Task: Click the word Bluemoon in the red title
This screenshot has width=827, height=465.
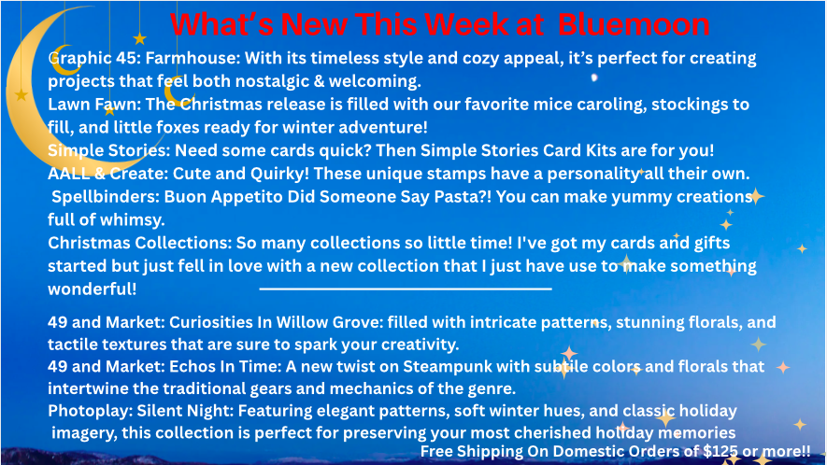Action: coord(634,24)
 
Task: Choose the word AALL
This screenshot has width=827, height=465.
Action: coord(68,174)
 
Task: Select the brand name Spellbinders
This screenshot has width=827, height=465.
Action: coord(106,197)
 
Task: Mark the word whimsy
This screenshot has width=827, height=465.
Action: coord(132,219)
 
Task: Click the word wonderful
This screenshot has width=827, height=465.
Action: coord(93,289)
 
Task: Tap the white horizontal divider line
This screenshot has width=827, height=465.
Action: coord(406,289)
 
